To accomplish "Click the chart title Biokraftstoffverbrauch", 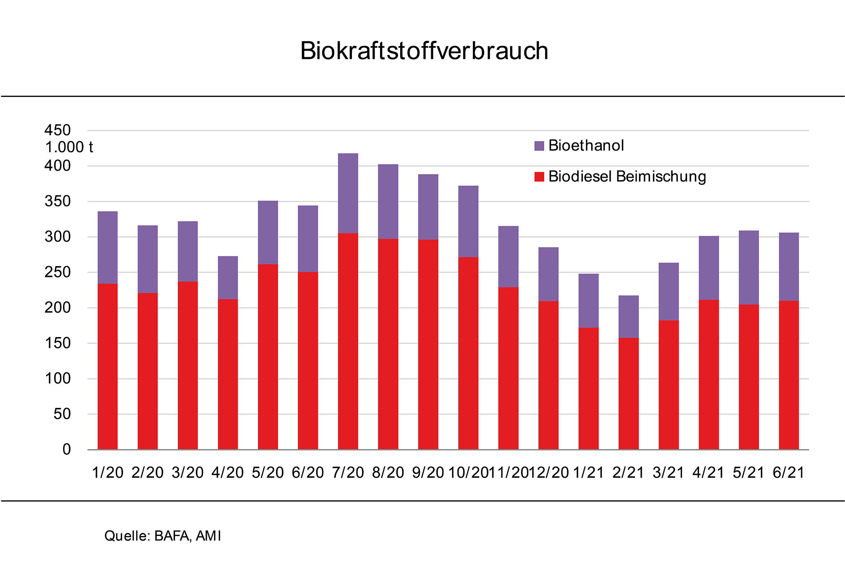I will click(424, 51).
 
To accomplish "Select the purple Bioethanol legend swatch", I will click(539, 146).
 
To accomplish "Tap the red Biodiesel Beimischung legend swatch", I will click(539, 177).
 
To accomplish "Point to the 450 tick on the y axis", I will click(57, 130).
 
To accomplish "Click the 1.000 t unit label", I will click(69, 147).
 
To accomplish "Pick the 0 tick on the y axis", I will click(66, 449).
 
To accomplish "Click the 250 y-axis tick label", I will click(57, 272).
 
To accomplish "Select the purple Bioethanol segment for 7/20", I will click(348, 193).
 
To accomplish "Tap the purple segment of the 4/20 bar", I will click(228, 278).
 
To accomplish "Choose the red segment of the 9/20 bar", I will click(428, 344).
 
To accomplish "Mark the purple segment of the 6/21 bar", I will click(788, 267).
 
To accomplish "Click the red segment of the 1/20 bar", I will click(107, 366).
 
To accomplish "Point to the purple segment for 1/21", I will click(588, 301).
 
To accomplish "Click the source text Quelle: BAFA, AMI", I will click(163, 536).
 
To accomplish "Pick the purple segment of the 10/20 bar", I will click(468, 222).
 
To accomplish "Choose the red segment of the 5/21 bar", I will click(748, 377).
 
